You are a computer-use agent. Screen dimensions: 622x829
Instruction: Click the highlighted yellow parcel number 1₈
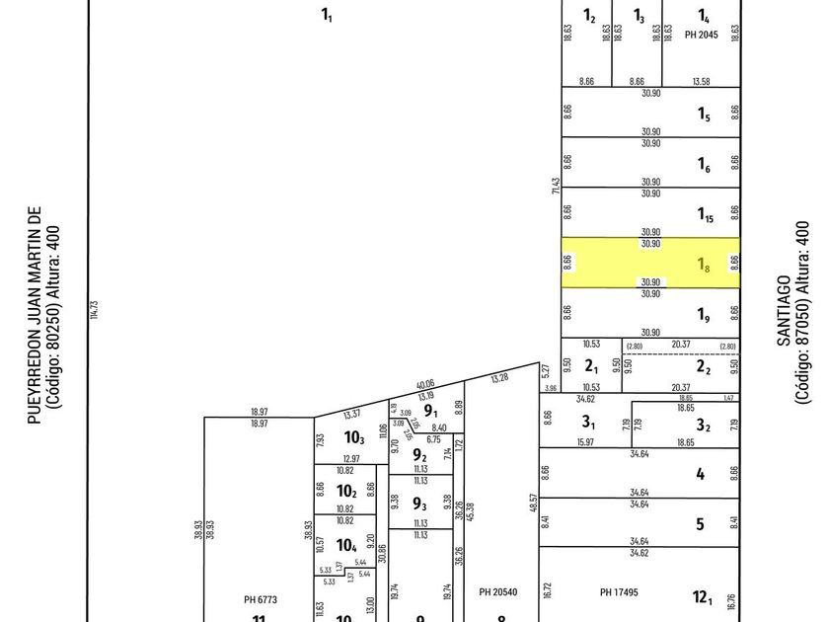coord(704,264)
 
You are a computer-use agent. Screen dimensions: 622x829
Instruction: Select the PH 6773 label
coord(260,599)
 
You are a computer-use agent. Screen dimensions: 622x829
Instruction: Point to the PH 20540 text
coord(498,591)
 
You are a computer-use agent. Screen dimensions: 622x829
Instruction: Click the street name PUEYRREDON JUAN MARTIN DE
coord(36,316)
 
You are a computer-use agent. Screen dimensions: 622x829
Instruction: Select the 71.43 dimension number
coord(556,187)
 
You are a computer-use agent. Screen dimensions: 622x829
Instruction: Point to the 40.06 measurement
coord(425,384)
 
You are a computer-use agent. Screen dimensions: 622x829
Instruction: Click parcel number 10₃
coord(354,437)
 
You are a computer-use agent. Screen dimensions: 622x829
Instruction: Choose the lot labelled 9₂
coord(419,455)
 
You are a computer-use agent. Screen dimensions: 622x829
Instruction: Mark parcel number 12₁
coord(702,596)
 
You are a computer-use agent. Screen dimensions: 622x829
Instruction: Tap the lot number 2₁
coord(592,366)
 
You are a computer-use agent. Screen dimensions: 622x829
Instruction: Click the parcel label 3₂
coord(704,426)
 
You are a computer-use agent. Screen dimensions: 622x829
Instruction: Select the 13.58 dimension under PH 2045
coord(701,81)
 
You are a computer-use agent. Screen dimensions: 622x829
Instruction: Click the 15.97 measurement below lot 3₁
coord(584,442)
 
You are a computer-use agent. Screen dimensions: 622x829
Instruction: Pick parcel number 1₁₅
coord(706,214)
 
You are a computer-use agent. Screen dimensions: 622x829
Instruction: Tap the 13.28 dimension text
coord(500,377)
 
